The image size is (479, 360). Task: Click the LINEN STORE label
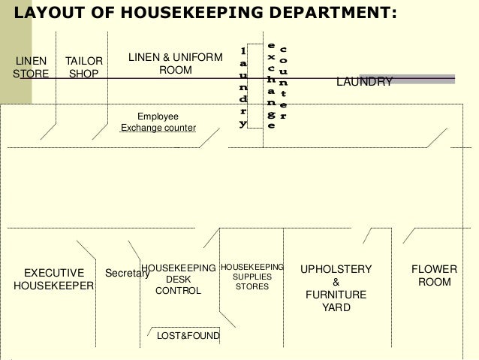[x=31, y=67]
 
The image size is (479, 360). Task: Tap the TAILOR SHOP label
[x=83, y=67]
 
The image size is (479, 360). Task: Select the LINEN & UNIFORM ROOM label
[x=175, y=64]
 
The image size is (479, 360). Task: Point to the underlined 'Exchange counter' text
[x=158, y=129]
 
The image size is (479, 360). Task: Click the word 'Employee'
[x=158, y=116]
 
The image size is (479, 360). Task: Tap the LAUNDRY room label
[x=363, y=81]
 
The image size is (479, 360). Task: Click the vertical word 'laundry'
[x=243, y=86]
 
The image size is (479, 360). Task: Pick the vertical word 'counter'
[x=283, y=83]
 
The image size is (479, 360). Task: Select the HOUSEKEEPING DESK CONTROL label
[x=178, y=279]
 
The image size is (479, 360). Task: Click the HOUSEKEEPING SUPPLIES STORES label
[x=252, y=277]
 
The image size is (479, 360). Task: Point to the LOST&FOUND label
[x=187, y=336]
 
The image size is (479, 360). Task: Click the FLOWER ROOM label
[x=435, y=275]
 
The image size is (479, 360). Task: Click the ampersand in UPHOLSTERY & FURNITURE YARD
[x=336, y=282]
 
